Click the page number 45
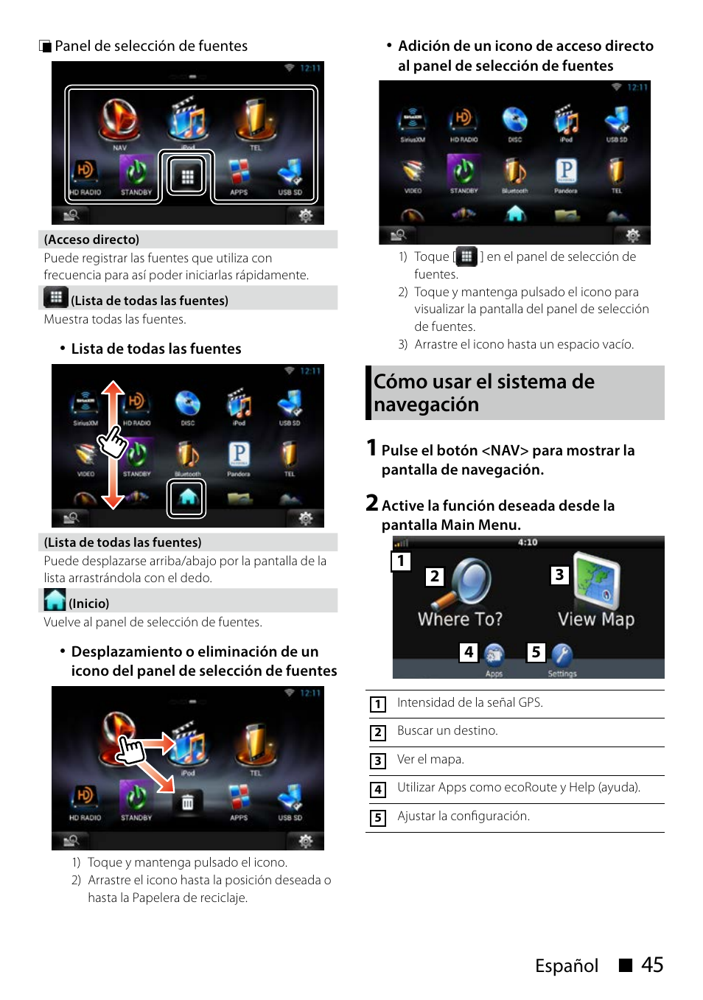pyautogui.click(x=652, y=965)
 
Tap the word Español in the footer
pyautogui.click(x=566, y=965)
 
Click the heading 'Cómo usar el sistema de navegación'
pyautogui.click(x=483, y=393)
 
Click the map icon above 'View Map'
pyautogui.click(x=596, y=581)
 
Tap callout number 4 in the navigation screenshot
pyautogui.click(x=469, y=652)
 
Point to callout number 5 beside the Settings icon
pyautogui.click(x=536, y=652)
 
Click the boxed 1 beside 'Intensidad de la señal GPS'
pyautogui.click(x=378, y=704)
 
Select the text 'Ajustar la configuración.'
pyautogui.click(x=463, y=816)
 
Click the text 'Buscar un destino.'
pyautogui.click(x=447, y=730)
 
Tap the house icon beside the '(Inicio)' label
pyautogui.click(x=55, y=600)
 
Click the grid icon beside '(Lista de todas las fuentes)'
pyautogui.click(x=56, y=297)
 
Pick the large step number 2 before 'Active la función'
pyautogui.click(x=372, y=503)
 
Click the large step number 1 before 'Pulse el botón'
pyautogui.click(x=372, y=447)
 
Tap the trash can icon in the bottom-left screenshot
pyautogui.click(x=188, y=802)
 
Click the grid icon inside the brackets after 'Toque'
pyautogui.click(x=466, y=256)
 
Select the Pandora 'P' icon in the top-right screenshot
pyautogui.click(x=566, y=171)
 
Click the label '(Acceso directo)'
pyautogui.click(x=91, y=239)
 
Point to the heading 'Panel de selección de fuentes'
pyautogui.click(x=151, y=46)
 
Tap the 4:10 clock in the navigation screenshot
pyautogui.click(x=528, y=542)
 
